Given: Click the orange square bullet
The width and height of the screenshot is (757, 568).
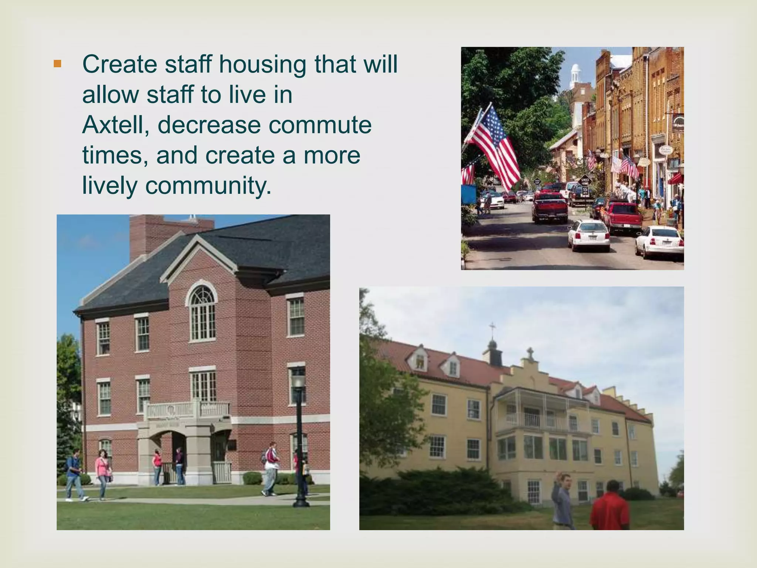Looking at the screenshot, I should [57, 64].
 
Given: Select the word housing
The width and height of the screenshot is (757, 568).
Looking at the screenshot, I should [262, 64].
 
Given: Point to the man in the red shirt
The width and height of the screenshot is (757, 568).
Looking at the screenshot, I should [610, 507].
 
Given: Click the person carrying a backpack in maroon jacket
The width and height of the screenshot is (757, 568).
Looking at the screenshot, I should [272, 468].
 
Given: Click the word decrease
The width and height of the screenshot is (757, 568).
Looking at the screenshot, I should [209, 125].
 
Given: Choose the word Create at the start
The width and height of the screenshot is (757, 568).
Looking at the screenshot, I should [120, 64].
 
